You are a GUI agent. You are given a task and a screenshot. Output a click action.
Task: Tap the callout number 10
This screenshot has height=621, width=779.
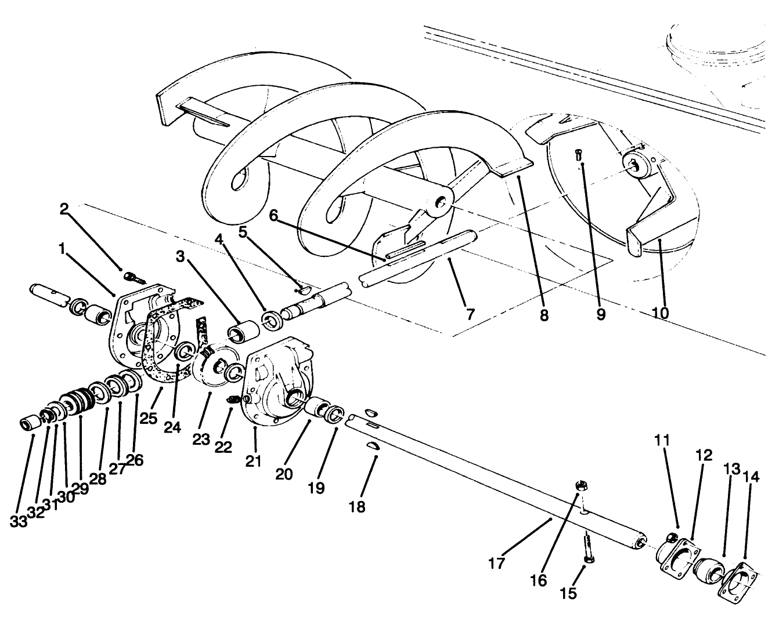(659, 313)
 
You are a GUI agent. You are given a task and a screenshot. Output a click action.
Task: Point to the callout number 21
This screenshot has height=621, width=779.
(253, 461)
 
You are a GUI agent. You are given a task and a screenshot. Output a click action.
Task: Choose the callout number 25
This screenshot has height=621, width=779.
(149, 417)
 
